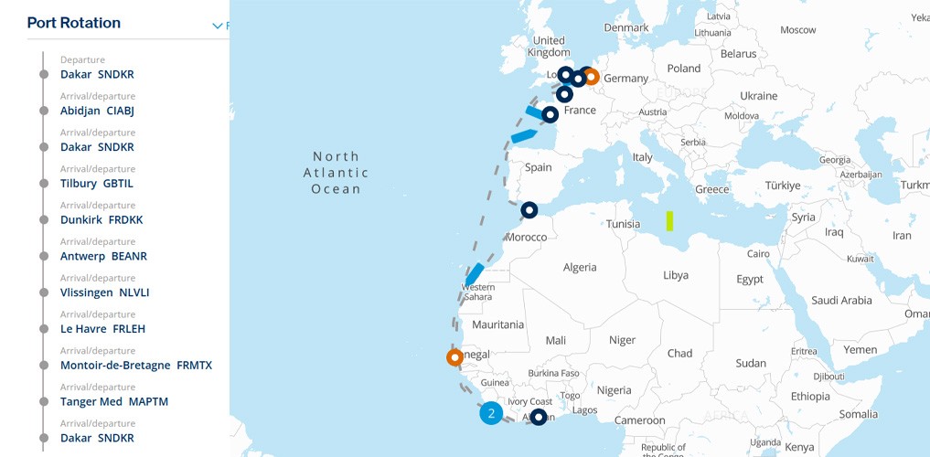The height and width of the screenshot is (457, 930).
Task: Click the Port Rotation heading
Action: (x=74, y=23)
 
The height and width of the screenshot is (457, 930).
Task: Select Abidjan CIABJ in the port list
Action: (x=98, y=111)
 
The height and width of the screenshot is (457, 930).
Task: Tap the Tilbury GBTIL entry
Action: (x=97, y=183)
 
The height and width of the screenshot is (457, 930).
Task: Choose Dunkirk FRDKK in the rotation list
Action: (x=102, y=219)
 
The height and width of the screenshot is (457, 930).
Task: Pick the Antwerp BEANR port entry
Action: (x=103, y=256)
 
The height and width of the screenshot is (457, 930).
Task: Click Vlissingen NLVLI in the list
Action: (x=104, y=292)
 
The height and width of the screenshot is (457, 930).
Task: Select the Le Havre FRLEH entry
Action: (x=102, y=328)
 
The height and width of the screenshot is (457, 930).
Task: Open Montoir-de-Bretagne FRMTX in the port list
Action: (x=135, y=365)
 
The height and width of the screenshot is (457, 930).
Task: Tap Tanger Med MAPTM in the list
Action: (x=114, y=401)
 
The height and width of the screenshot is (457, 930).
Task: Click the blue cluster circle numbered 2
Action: (x=491, y=413)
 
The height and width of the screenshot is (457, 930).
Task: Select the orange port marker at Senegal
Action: (x=454, y=357)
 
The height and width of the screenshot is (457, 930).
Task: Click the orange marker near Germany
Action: (x=591, y=77)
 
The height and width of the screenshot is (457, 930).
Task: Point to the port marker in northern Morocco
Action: (x=529, y=210)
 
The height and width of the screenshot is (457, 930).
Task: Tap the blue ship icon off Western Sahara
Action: (x=475, y=272)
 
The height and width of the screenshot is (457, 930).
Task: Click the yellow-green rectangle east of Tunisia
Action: (x=669, y=220)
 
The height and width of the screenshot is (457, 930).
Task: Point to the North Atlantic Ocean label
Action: (x=337, y=173)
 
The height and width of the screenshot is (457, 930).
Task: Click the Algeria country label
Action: (x=580, y=267)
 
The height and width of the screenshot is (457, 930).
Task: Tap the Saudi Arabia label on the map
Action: (x=841, y=300)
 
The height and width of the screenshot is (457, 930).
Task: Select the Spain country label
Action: (x=538, y=167)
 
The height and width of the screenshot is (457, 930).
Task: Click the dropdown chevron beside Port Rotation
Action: (x=218, y=26)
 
